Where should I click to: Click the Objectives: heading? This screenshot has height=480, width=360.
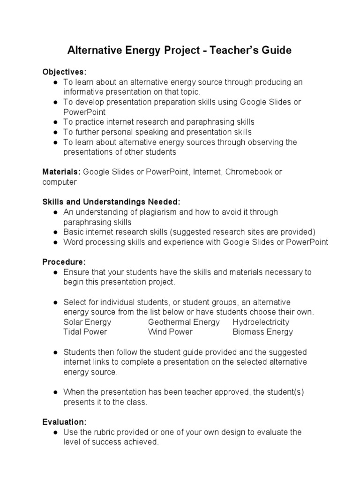[x=65, y=72]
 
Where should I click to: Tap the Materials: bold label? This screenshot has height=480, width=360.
[x=62, y=172]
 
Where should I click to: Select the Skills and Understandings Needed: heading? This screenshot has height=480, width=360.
[x=111, y=202]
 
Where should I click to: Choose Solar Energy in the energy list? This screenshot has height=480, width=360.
[x=87, y=322]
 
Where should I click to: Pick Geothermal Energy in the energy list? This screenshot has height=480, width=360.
[x=184, y=322]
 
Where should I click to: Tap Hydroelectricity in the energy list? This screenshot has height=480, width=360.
[x=261, y=322]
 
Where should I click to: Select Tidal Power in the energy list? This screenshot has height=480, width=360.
[x=85, y=332]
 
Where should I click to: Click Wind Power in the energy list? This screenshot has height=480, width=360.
[x=170, y=332]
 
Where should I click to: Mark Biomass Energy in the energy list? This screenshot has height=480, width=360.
[x=262, y=332]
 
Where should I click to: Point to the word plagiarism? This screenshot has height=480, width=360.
[x=153, y=212]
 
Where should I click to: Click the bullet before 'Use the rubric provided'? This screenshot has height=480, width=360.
[x=55, y=432]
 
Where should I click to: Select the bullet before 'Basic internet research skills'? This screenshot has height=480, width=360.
[x=55, y=232]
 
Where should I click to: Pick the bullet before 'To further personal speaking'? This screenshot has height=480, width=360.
[x=55, y=132]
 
